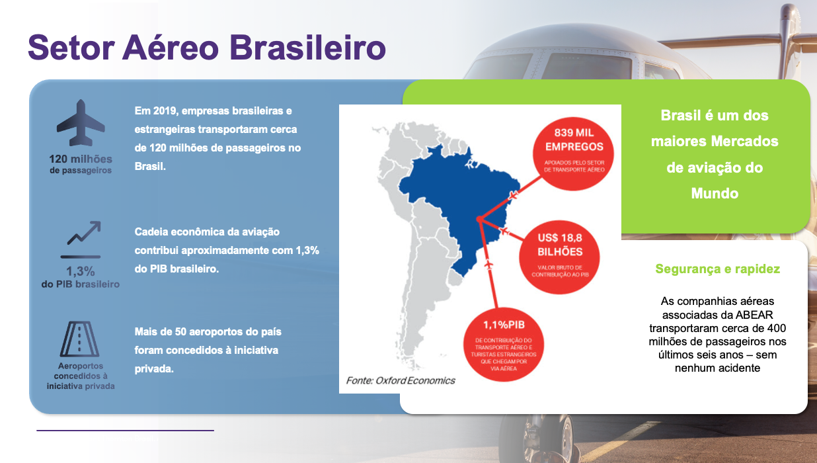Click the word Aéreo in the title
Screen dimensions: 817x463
171,47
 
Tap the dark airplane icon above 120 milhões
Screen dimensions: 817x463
81,122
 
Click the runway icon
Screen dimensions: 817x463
79,339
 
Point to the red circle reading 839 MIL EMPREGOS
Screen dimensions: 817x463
573,153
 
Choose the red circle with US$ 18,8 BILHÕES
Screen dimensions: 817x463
559,257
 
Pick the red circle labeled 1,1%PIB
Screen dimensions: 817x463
503,345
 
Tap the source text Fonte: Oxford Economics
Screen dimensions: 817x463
401,380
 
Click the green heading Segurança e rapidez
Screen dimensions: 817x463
717,269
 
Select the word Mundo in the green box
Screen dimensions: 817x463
715,193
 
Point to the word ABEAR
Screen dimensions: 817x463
754,314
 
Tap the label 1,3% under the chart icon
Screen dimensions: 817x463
80,271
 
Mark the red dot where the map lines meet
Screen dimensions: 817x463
480,219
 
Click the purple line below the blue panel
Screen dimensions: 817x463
125,431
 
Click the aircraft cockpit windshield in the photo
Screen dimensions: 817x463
588,65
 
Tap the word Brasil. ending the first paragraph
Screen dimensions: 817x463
150,167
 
